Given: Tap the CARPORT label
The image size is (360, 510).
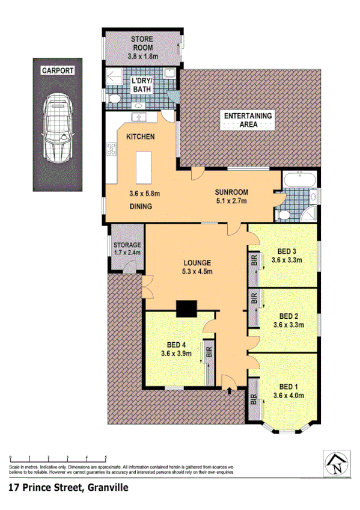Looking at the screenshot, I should tap(58, 70).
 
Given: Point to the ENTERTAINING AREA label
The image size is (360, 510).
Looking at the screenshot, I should tap(248, 120).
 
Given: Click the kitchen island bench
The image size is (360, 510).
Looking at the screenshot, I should tap(144, 168).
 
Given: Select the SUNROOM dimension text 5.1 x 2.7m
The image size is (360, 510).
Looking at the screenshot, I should tap(231, 201).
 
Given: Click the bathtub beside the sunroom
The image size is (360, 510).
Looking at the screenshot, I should tap(298, 179).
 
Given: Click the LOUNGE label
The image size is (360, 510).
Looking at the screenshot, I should tap(197, 262).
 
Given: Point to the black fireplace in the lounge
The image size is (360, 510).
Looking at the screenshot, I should tap(186, 309).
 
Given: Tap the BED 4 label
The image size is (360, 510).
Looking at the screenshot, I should tap(175, 344).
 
